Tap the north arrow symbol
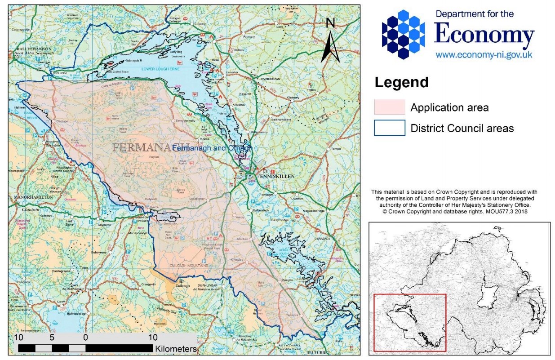coord(330,41)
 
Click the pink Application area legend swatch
coord(389,107)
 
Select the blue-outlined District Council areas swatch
coord(389,128)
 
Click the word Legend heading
coord(401,83)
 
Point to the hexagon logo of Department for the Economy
coord(403,35)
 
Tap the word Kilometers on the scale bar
coord(176,349)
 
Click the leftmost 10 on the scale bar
coord(18,337)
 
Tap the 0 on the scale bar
coord(85,337)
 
